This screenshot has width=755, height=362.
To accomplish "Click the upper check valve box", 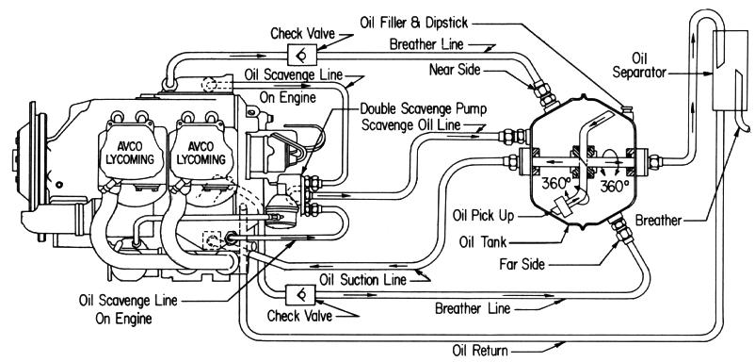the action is click(x=301, y=55).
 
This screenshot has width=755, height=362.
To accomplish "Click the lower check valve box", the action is click(x=301, y=294).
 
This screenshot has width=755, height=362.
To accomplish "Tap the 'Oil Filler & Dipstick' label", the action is click(x=413, y=23).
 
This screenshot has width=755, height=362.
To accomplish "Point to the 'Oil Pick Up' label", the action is click(x=484, y=216).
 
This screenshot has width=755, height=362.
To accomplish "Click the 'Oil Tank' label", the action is click(x=484, y=241).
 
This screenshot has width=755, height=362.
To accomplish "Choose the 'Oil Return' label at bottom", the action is click(x=480, y=351).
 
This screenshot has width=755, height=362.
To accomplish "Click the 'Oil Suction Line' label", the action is click(x=362, y=279).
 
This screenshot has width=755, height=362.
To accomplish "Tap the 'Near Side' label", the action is click(x=455, y=70).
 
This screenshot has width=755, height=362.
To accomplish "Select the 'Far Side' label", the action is click(x=522, y=264).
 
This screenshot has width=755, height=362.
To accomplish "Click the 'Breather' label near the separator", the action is click(x=658, y=221).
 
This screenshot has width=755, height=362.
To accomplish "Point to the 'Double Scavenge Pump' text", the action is click(x=424, y=109).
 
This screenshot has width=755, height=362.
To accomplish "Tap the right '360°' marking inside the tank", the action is click(x=614, y=186).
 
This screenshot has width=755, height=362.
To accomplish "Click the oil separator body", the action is click(x=727, y=71).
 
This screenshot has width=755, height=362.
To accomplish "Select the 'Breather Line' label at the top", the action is click(x=426, y=44).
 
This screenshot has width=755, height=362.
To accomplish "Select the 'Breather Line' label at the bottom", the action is click(x=472, y=307).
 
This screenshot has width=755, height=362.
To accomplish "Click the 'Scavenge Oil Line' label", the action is click(x=410, y=124).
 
